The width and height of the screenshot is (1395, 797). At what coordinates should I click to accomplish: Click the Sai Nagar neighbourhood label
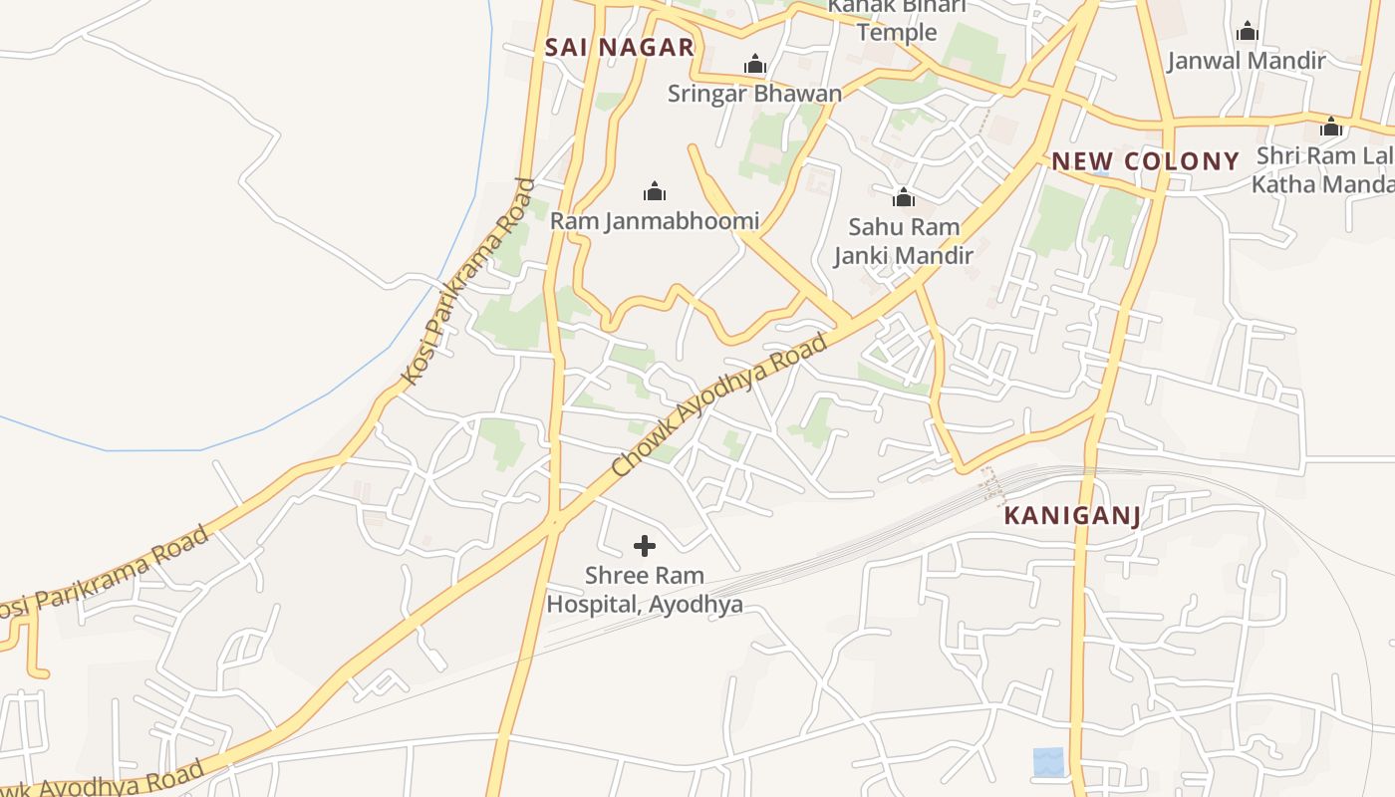click(x=619, y=47)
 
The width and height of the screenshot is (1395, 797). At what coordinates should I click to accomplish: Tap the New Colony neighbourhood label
click(x=1146, y=161)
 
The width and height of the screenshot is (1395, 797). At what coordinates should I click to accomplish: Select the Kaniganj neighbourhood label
click(x=1071, y=515)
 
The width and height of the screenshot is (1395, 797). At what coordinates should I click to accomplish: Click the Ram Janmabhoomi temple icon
click(x=655, y=191)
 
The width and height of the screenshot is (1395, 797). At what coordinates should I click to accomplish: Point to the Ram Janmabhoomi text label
click(x=655, y=221)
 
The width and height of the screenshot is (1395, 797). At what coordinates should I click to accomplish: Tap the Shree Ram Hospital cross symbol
click(x=645, y=546)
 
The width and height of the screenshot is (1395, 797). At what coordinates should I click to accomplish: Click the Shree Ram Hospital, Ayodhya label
click(x=645, y=590)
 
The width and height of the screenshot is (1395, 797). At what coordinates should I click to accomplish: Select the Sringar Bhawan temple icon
click(x=755, y=66)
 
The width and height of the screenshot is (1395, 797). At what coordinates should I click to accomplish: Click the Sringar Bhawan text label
click(x=754, y=94)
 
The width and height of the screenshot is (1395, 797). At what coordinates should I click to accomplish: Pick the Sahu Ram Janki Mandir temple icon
click(x=904, y=197)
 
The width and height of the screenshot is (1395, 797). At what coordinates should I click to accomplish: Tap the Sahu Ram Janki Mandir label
click(x=903, y=241)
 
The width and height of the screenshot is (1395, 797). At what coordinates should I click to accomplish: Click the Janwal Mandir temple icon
click(x=1247, y=32)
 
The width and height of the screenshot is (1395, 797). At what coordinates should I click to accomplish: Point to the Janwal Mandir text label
click(x=1247, y=61)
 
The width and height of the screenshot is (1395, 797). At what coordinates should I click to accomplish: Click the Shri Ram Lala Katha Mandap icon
click(x=1330, y=128)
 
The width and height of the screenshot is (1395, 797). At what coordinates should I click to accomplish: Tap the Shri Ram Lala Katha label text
click(x=1323, y=170)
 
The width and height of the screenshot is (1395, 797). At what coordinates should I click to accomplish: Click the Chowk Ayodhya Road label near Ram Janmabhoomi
click(x=718, y=404)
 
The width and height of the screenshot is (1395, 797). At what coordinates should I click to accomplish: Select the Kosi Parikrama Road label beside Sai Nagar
click(x=467, y=282)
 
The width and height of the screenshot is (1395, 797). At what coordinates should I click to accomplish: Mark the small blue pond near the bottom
click(x=1048, y=762)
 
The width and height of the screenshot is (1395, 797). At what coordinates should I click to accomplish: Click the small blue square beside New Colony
click(x=1100, y=169)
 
